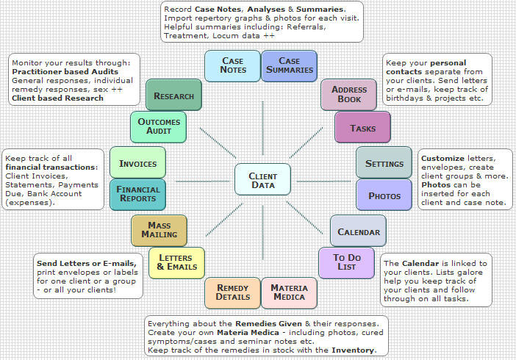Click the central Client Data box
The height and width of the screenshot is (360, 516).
tap(262, 180)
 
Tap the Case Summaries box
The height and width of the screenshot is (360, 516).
tap(289, 65)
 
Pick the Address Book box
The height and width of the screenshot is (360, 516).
tap(349, 94)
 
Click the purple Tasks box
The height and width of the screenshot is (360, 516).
tap(362, 128)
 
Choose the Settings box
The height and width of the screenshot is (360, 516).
tap(384, 163)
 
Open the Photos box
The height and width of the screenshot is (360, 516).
tap(384, 195)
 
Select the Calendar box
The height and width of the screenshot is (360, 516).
tap(358, 231)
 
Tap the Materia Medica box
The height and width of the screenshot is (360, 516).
tap(289, 292)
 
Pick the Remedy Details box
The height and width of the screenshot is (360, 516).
tap(233, 292)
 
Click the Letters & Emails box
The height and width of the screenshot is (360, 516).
tap(176, 262)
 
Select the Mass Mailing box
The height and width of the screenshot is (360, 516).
tap(159, 230)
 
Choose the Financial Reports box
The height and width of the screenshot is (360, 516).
tap(138, 194)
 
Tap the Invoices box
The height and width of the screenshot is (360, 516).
tap(138, 162)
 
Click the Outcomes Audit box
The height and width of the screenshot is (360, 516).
tap(158, 126)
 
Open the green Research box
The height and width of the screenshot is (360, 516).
tap(173, 96)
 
